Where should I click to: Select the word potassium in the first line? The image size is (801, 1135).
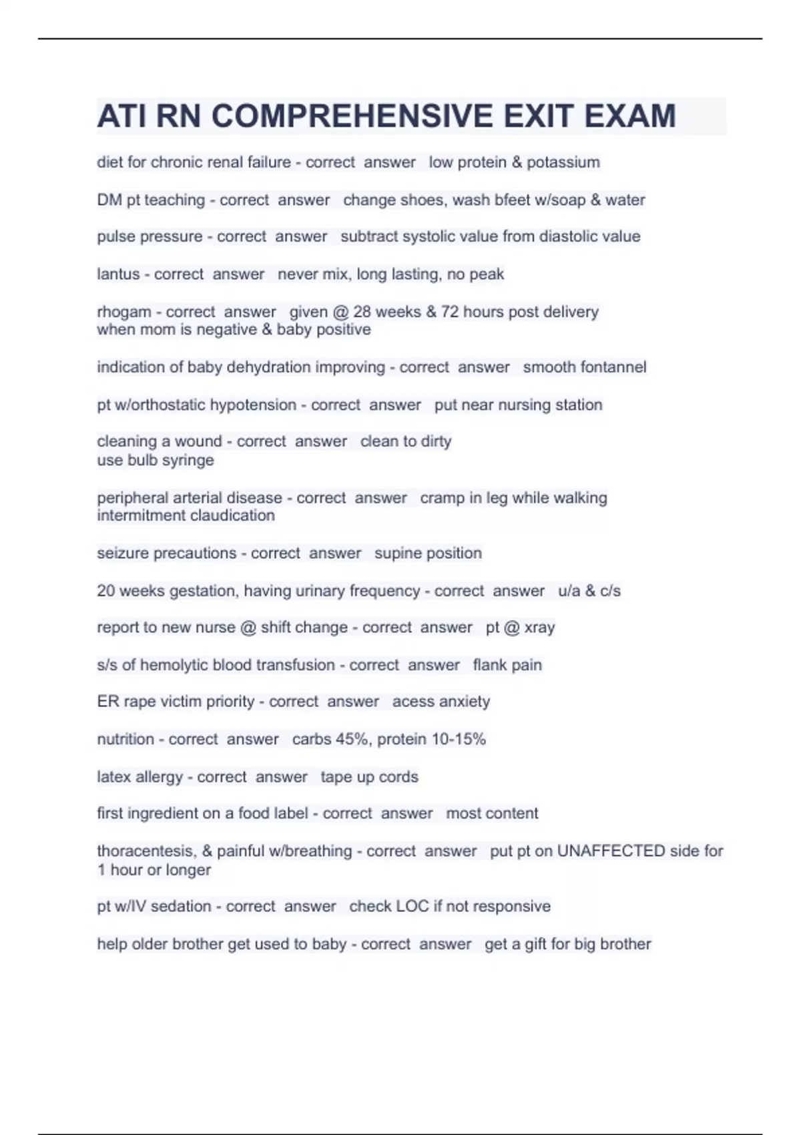563,162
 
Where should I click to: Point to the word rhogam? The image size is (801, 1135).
124,312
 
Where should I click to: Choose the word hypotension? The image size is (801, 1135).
253,405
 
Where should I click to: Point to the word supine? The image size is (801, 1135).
398,553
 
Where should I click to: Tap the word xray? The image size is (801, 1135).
539,628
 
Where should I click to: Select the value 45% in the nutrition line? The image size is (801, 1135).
353,739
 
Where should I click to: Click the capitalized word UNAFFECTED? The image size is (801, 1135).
611,851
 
